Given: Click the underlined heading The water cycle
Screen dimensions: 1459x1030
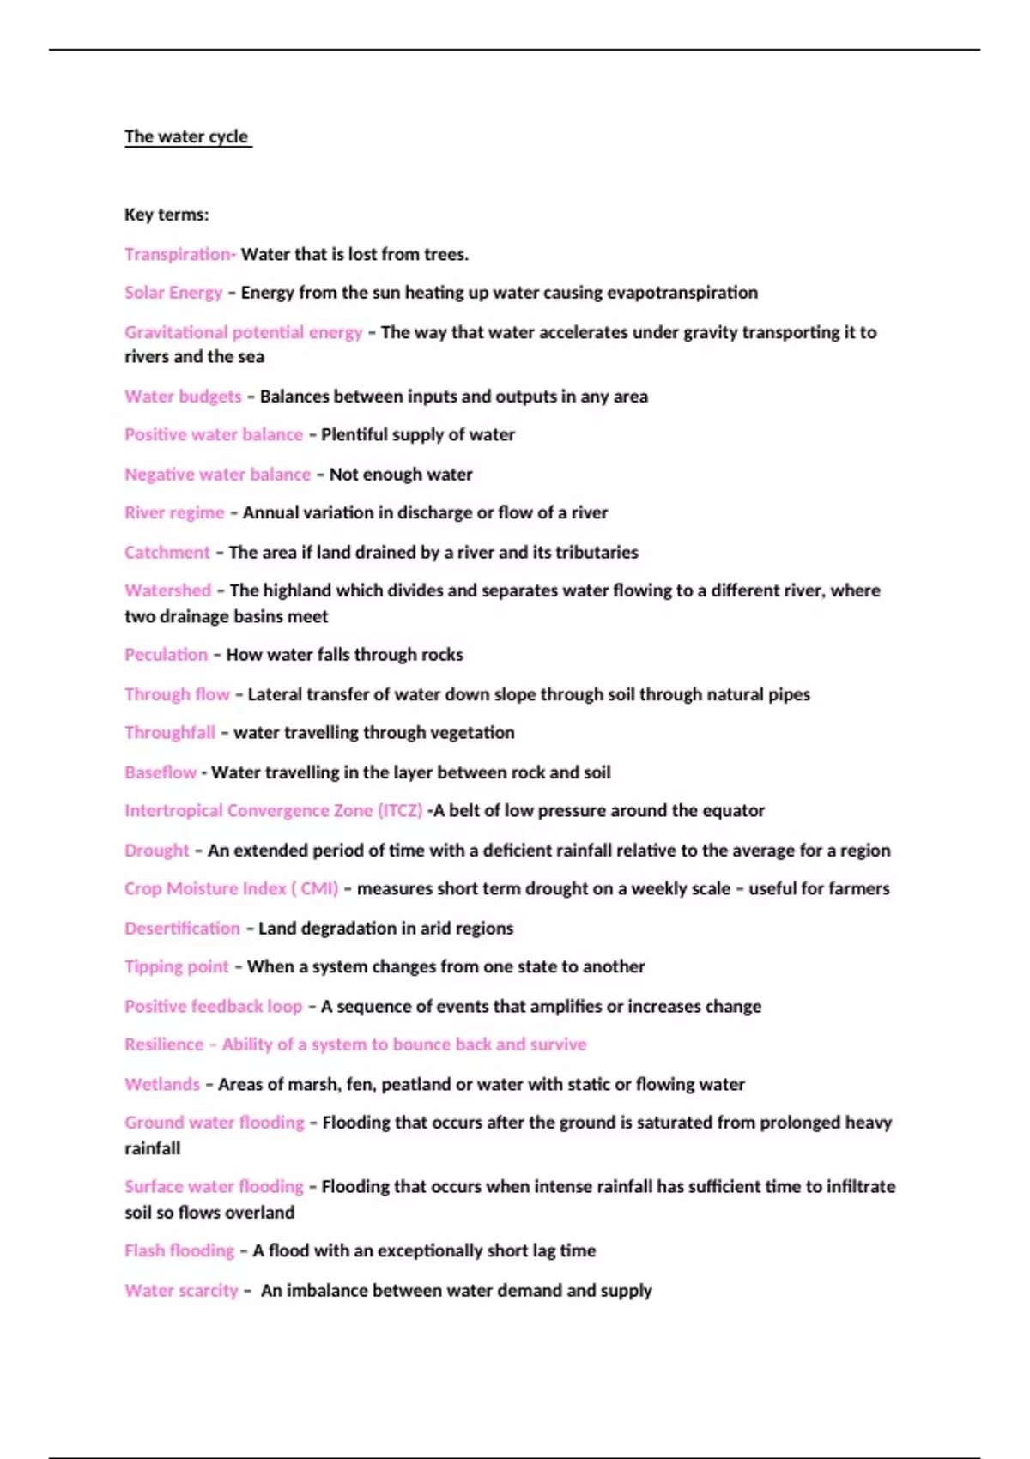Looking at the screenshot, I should [x=186, y=136].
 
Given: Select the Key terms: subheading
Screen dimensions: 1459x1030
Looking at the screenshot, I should [x=167, y=215].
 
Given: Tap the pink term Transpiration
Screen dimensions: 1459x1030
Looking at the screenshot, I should [x=178, y=254].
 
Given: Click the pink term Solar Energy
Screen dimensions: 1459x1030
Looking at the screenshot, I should [x=173, y=293].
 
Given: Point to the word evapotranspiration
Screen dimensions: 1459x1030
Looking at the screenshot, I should [x=682, y=293].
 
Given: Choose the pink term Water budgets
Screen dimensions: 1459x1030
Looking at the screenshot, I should [x=183, y=397].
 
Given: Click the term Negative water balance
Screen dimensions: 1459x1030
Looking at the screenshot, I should [x=217, y=475].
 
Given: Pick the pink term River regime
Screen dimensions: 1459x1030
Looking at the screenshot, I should [x=174, y=513].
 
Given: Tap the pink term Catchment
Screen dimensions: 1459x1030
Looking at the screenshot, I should [x=167, y=553].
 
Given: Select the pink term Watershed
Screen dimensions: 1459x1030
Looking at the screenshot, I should [x=167, y=590].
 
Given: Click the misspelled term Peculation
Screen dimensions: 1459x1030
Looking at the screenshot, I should [x=166, y=655].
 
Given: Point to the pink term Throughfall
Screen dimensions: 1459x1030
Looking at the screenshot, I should [x=169, y=733].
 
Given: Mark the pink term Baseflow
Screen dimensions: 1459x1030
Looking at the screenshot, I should [x=161, y=772].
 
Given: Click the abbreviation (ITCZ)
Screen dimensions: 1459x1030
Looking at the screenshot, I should [x=400, y=811].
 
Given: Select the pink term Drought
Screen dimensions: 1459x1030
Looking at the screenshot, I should [x=156, y=851].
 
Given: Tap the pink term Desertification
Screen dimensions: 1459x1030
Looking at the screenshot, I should [x=182, y=929].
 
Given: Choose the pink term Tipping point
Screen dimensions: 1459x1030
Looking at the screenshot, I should [x=176, y=967].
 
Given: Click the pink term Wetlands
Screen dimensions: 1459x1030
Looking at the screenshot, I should [x=161, y=1085].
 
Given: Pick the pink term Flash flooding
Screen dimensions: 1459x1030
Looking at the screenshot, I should [x=179, y=1251].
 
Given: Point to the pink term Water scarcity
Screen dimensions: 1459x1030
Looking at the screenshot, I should [x=180, y=1291].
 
